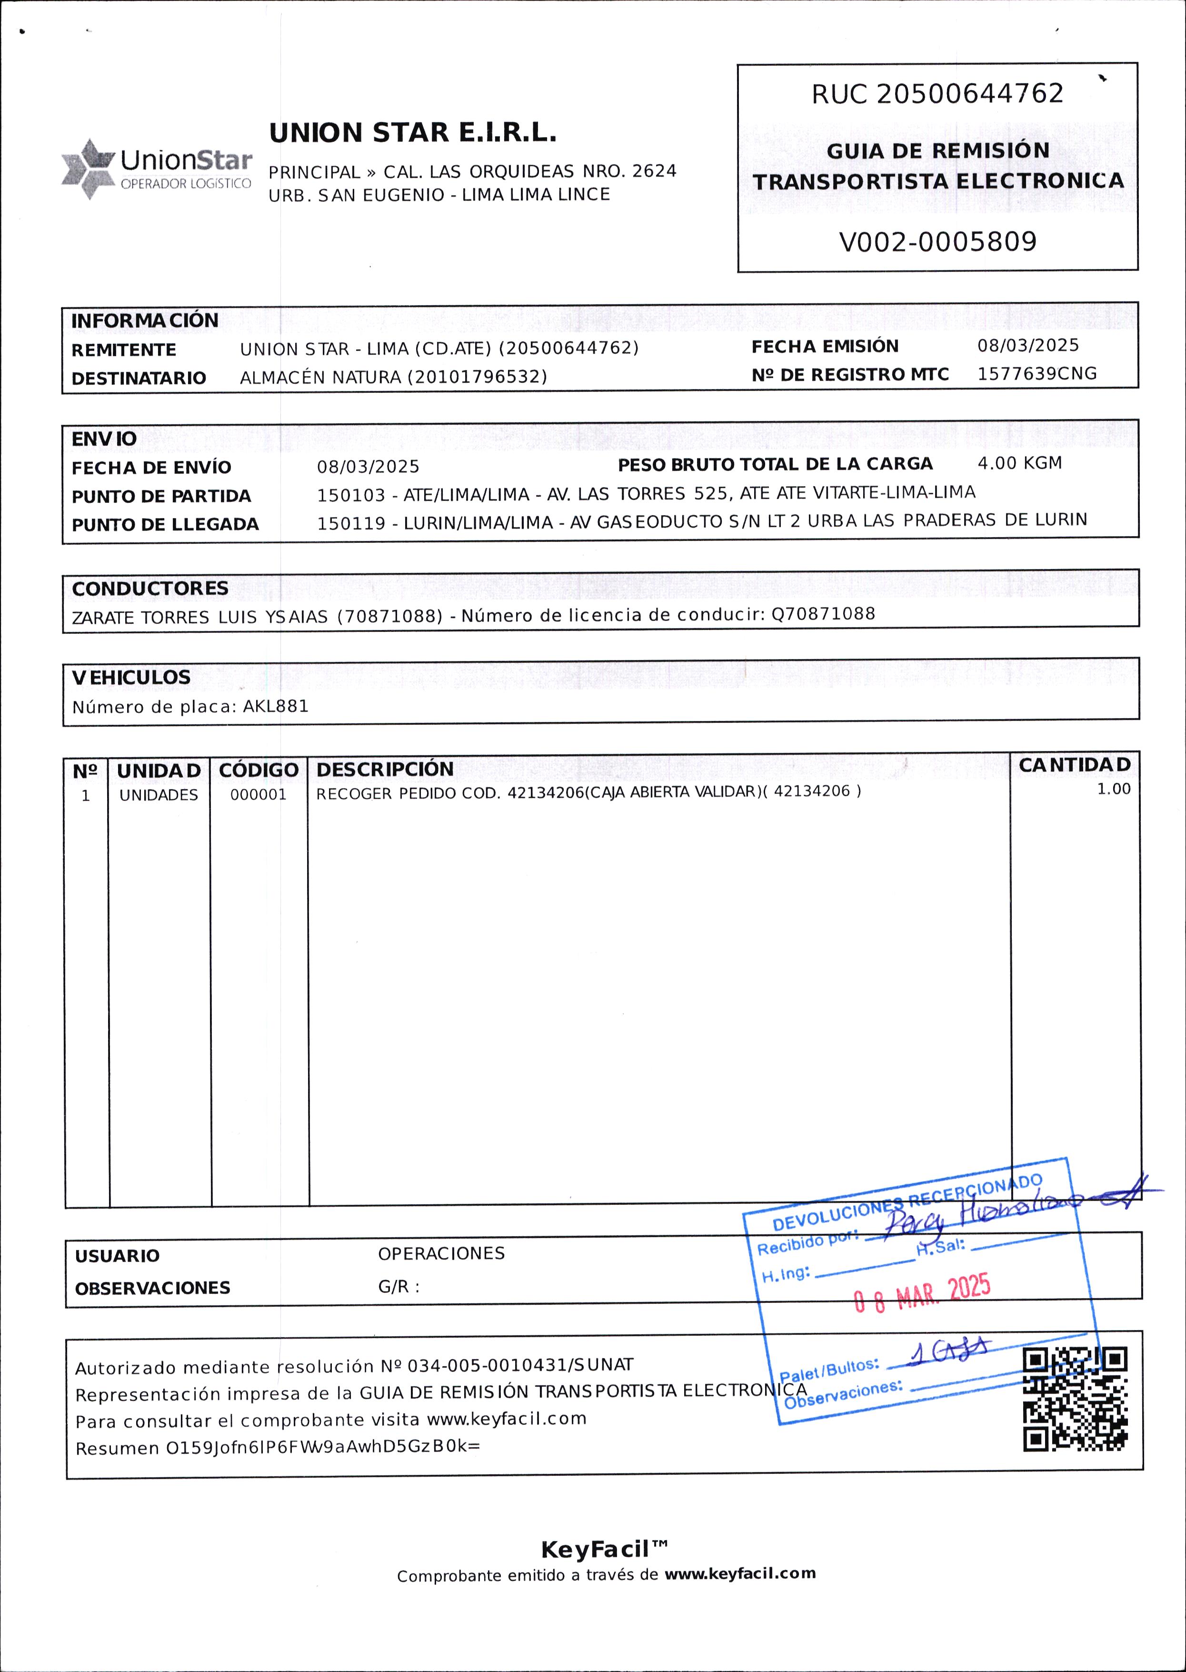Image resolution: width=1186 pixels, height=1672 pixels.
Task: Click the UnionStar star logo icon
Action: [88, 169]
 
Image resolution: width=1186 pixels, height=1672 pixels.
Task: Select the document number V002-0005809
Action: [937, 242]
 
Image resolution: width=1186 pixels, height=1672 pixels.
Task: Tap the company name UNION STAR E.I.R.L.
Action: [413, 133]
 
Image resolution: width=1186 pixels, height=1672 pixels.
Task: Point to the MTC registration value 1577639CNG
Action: [1037, 374]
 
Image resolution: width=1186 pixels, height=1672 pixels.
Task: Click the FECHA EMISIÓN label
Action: [825, 346]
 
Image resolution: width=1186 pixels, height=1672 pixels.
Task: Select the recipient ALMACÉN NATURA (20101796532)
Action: [394, 377]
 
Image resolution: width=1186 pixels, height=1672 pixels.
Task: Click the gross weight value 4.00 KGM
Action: [1019, 463]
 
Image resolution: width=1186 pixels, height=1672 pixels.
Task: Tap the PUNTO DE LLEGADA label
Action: [165, 524]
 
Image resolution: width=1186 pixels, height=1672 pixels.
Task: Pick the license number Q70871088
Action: [823, 613]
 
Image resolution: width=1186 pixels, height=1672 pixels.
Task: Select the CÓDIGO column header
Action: [259, 770]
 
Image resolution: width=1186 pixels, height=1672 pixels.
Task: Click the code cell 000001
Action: [259, 795]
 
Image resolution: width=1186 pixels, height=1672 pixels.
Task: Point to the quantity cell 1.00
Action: [1113, 789]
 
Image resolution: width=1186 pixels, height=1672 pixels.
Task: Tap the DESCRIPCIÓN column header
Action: [385, 769]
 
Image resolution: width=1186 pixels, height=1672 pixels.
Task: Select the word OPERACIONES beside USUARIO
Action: [441, 1253]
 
